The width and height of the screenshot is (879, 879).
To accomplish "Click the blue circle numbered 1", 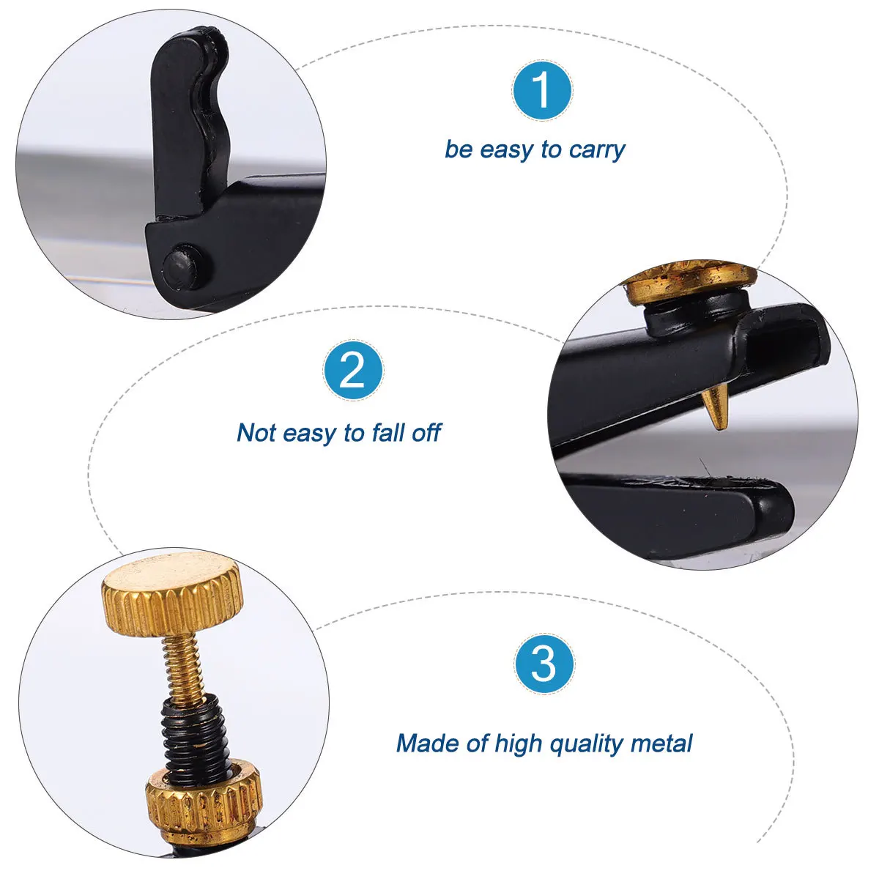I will tap(541, 90).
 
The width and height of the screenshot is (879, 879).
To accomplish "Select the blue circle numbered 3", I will tap(544, 664).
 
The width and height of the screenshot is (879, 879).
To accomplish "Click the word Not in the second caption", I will tap(256, 432).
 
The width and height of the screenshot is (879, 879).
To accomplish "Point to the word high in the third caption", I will tap(517, 744).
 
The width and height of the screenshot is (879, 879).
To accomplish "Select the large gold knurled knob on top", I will tap(173, 594).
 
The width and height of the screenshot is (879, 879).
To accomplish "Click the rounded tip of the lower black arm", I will tap(777, 505).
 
